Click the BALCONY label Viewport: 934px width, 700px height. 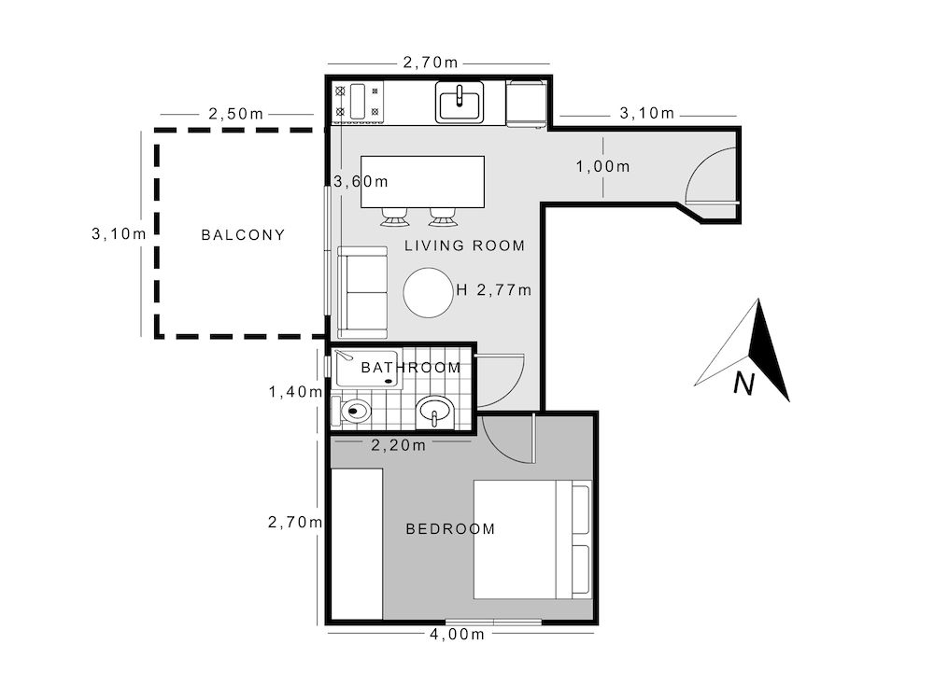[x=243, y=234]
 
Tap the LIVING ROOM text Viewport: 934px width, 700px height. [x=464, y=245]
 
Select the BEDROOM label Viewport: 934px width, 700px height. [x=450, y=529]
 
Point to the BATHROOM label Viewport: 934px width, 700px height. [x=411, y=368]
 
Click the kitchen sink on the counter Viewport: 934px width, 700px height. [x=460, y=102]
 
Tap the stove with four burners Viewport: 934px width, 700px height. [x=359, y=102]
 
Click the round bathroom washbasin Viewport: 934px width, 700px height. [x=434, y=410]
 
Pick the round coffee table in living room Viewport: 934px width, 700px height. [x=428, y=294]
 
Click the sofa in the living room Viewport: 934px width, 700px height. [x=362, y=292]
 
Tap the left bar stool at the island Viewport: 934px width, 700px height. [x=393, y=217]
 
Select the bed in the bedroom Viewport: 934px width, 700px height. [x=531, y=539]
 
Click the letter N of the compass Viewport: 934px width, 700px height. [x=743, y=384]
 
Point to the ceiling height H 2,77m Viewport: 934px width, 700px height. [x=494, y=290]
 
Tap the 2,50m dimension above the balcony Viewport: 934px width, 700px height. [x=234, y=114]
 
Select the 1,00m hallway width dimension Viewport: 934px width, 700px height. [x=602, y=166]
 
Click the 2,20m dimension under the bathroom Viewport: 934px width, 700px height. [x=399, y=445]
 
